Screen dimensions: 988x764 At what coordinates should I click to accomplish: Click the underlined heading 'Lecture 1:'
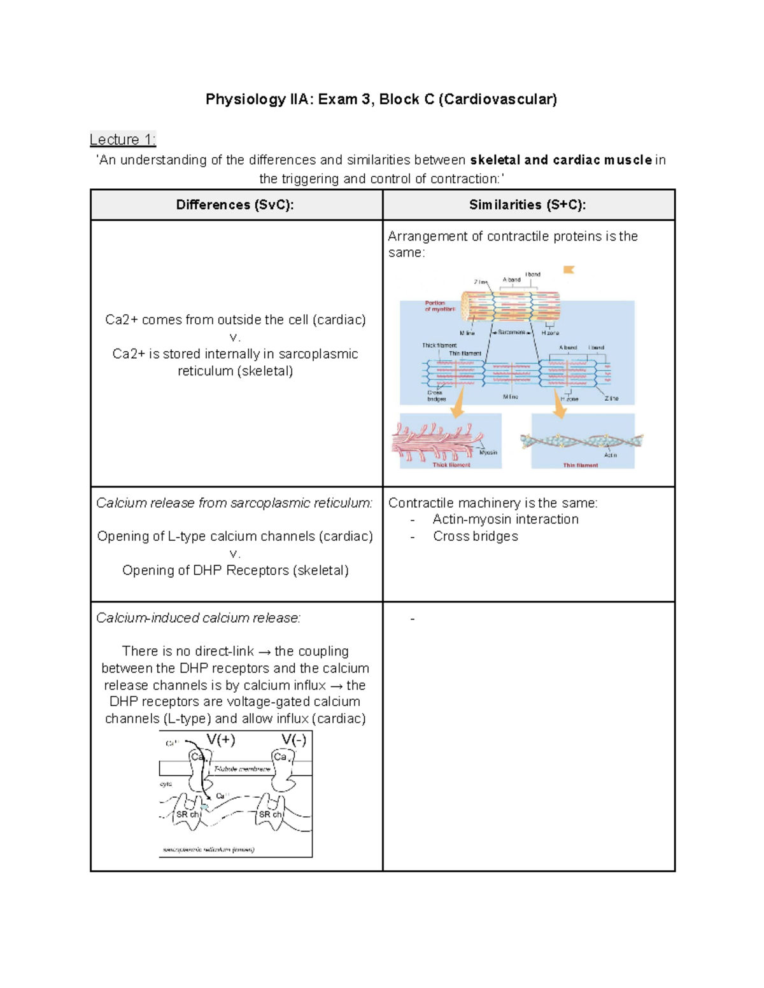[123, 139]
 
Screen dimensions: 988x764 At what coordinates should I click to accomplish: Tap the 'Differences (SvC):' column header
[235, 205]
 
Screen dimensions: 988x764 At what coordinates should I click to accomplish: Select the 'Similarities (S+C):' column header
[527, 205]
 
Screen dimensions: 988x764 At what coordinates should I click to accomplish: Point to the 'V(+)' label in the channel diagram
[221, 739]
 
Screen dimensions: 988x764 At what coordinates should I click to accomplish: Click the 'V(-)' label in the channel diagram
[294, 739]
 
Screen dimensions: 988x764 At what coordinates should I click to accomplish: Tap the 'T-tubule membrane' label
[242, 769]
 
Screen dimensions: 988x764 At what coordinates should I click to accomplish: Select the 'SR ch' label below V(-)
[270, 814]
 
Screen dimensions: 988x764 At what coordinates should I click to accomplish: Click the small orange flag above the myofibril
[569, 270]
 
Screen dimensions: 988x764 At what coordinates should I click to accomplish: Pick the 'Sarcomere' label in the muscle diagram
[511, 333]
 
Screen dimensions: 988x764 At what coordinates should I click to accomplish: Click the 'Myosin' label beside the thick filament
[488, 452]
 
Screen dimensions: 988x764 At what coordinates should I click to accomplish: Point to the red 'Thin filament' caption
[580, 465]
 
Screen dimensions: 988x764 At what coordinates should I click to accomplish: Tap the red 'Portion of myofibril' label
[439, 306]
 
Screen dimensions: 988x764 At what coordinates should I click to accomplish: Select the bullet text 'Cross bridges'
[475, 536]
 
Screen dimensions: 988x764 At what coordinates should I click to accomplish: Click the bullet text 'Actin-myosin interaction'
[506, 519]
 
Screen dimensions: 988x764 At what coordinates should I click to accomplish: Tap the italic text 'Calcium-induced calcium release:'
[198, 618]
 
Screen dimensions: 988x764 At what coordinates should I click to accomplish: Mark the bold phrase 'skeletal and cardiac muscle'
[561, 160]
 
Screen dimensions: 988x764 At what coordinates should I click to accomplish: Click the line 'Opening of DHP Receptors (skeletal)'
[235, 570]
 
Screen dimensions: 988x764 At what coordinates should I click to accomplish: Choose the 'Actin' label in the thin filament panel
[610, 455]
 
